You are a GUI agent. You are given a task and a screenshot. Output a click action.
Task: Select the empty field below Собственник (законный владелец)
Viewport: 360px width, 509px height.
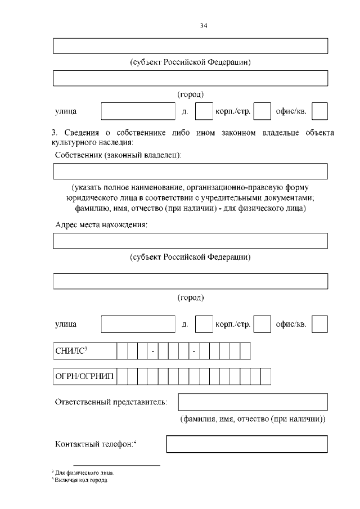tap(190, 171)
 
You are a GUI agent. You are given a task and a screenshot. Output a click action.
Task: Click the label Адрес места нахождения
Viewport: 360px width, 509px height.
tap(101, 226)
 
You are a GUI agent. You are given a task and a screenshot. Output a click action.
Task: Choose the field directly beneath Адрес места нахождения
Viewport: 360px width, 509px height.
tap(190, 241)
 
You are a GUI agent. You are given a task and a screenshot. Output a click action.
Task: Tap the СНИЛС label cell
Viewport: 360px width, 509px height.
tap(85, 352)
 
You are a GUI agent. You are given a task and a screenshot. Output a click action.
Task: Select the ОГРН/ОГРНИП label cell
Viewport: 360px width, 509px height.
tap(85, 376)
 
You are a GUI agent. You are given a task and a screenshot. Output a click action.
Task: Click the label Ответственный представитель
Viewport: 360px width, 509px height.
tap(111, 402)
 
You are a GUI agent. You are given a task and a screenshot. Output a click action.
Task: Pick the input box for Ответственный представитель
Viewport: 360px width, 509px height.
tap(253, 402)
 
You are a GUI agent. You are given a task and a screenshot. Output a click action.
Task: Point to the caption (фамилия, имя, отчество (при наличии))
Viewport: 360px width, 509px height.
tap(253, 420)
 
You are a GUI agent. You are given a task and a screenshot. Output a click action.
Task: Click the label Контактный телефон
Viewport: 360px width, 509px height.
tap(96, 444)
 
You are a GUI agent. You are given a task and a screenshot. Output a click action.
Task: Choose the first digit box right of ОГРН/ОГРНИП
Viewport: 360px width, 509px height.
tap(123, 376)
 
